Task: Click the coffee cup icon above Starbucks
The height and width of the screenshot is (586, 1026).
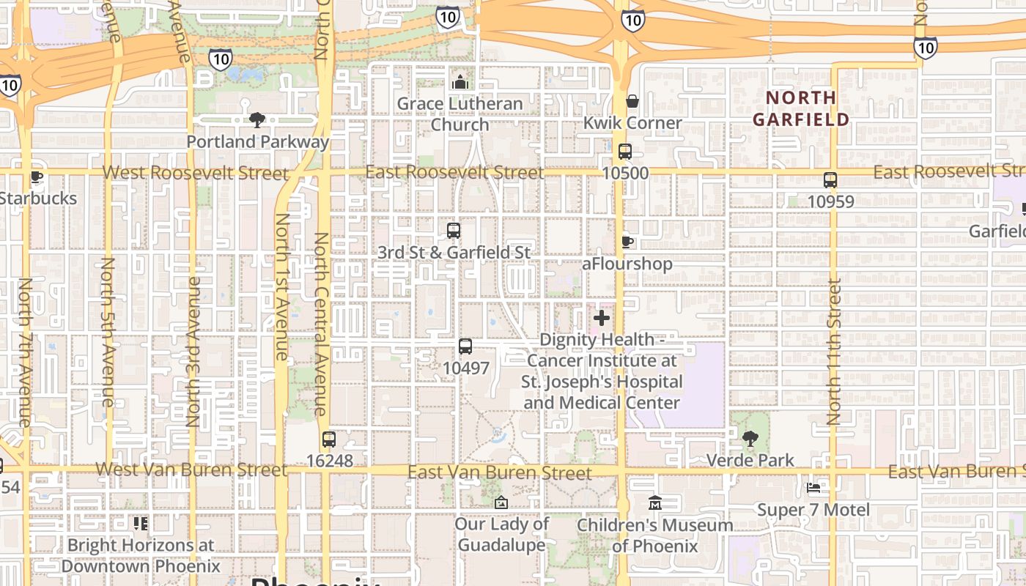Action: tap(36, 177)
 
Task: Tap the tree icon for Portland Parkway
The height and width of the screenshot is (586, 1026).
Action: tap(256, 119)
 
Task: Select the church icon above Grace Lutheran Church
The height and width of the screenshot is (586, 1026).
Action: tap(460, 82)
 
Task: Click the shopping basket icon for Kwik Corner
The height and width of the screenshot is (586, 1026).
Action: tap(632, 101)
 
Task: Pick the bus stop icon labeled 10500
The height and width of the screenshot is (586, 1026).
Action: tap(624, 152)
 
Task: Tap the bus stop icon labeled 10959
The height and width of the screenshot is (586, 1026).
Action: tap(830, 179)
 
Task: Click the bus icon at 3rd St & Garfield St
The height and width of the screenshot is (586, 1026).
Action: tap(453, 231)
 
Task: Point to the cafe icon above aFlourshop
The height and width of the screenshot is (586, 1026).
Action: tap(627, 242)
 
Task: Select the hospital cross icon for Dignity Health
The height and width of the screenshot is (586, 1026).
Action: tap(601, 318)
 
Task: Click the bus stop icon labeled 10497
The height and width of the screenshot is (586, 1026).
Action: tap(465, 346)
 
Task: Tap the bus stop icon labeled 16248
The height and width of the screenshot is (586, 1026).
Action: tap(329, 439)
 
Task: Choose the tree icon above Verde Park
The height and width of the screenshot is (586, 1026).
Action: tap(750, 439)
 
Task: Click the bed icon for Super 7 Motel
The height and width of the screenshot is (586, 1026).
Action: tap(813, 488)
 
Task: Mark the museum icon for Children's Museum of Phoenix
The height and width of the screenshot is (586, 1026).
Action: tap(655, 503)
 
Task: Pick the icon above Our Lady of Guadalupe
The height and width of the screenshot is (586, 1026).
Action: tap(501, 502)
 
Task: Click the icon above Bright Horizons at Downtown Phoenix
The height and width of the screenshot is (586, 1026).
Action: tap(140, 523)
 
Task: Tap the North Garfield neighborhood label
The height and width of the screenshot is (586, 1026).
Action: tap(801, 108)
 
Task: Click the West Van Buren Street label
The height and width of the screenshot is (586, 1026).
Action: tap(191, 470)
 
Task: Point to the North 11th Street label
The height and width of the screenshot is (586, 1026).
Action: tap(833, 352)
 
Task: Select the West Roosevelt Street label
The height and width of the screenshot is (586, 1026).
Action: tap(195, 173)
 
